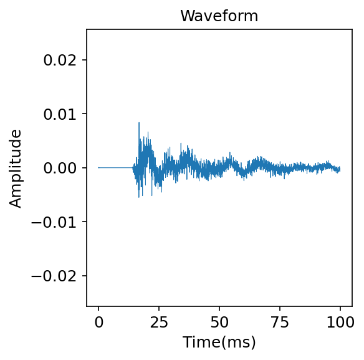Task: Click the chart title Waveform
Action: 219,16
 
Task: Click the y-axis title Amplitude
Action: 16,168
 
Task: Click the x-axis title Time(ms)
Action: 219,342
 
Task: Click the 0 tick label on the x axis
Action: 98,323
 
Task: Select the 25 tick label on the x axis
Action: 159,323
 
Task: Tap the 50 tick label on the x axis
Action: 219,323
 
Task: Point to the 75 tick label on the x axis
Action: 280,323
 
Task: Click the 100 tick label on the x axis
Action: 340,323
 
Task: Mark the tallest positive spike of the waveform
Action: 139,123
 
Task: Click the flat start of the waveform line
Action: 115,168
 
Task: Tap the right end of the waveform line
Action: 340,169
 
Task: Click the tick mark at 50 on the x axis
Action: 219,308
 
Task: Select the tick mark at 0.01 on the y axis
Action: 85,114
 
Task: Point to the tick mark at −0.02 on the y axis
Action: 85,276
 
